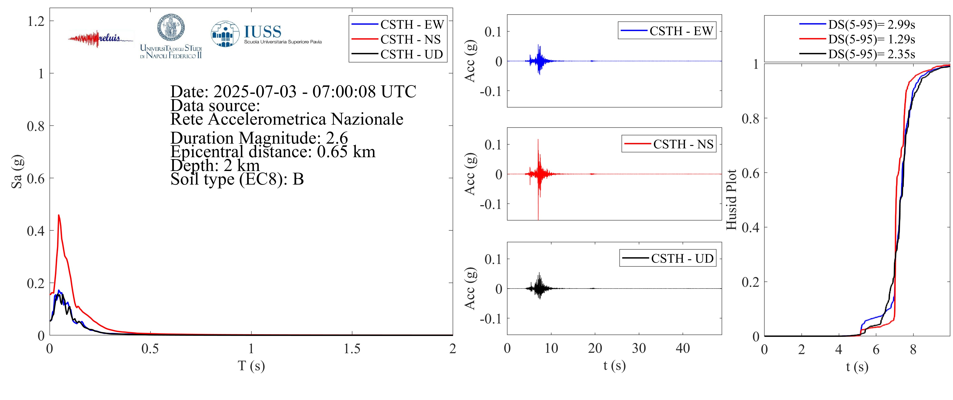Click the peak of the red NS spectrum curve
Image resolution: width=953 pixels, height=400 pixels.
pyautogui.click(x=58, y=216)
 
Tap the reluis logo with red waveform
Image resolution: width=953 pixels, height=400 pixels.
pyautogui.click(x=100, y=38)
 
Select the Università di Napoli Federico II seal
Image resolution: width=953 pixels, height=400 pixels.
pyautogui.click(x=171, y=28)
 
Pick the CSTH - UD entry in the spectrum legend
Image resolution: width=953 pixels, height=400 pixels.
pyautogui.click(x=411, y=54)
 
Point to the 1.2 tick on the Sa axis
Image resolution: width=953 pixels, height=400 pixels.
pyautogui.click(x=36, y=21)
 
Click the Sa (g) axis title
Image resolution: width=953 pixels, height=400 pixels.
pyautogui.click(x=17, y=171)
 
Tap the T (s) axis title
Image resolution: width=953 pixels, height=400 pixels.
pyautogui.click(x=251, y=366)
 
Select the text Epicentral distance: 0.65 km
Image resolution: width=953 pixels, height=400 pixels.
pyautogui.click(x=273, y=152)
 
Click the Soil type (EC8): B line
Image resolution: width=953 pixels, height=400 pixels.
pyautogui.click(x=237, y=179)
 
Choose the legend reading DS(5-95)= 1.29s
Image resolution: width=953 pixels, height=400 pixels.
pyautogui.click(x=871, y=39)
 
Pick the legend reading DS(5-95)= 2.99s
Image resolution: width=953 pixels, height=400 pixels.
pyautogui.click(x=871, y=24)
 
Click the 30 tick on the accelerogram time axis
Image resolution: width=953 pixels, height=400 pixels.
pyautogui.click(x=639, y=348)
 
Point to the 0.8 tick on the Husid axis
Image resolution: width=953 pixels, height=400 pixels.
pyautogui.click(x=750, y=119)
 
